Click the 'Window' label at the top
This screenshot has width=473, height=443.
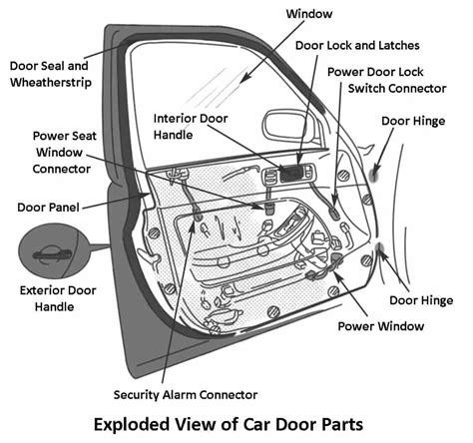click(309, 15)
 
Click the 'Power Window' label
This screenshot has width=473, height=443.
click(379, 325)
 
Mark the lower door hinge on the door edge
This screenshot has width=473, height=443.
click(380, 255)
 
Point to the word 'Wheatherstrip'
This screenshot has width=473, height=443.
click(52, 83)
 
